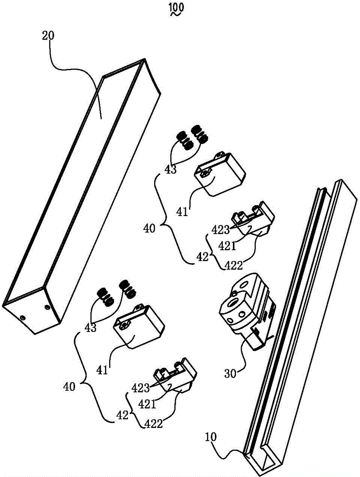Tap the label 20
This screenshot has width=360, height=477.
pos(47,36)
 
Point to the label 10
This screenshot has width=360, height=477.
pos(211,437)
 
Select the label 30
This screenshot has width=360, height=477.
pos(231,373)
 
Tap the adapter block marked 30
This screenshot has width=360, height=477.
pos(248,311)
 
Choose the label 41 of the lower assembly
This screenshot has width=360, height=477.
pos(102,371)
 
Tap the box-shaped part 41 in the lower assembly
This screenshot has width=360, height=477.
pos(139,326)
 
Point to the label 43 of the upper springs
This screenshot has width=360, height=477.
pos(170,169)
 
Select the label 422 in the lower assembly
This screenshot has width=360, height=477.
pos(153,423)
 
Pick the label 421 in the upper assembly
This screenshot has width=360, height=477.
pos(227,246)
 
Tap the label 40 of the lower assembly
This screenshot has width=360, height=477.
pos(69,387)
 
